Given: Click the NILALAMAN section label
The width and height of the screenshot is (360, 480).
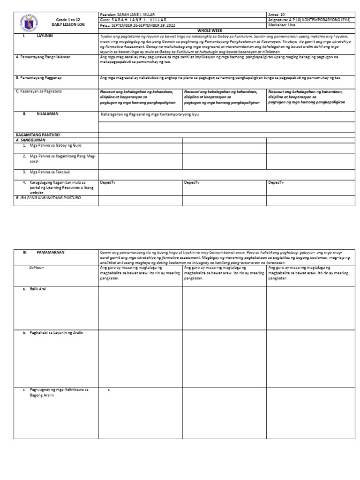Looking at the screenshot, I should click(x=47, y=114).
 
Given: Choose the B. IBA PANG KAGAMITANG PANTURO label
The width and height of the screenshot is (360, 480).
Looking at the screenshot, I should click(x=48, y=198).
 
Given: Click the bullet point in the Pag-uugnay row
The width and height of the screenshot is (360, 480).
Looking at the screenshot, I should click(x=109, y=390).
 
